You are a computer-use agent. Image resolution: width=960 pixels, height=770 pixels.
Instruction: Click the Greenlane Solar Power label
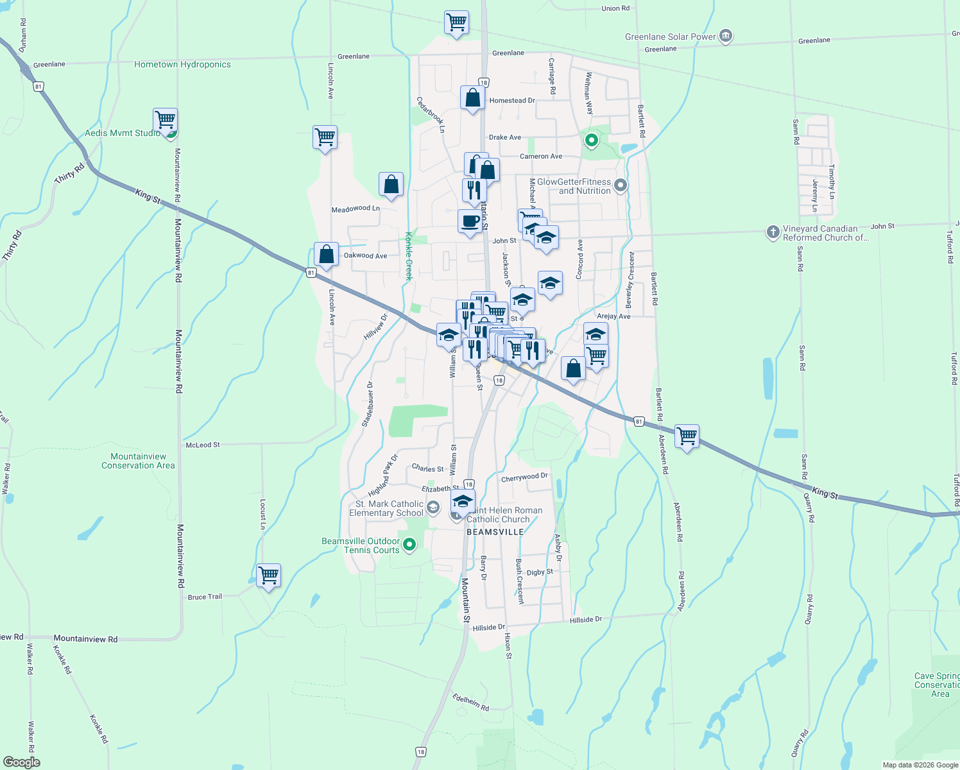click(670, 37)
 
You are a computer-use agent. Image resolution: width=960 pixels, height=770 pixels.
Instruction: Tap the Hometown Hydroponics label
click(182, 64)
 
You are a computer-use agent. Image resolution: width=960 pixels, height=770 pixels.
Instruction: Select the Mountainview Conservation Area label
click(138, 461)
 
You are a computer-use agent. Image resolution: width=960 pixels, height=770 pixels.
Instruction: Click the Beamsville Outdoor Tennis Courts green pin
click(409, 545)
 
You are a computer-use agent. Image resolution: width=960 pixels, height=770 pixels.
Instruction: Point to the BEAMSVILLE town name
click(495, 532)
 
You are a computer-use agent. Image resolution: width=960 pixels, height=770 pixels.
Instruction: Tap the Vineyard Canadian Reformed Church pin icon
click(773, 232)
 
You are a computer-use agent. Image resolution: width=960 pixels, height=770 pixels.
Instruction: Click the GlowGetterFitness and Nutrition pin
click(620, 186)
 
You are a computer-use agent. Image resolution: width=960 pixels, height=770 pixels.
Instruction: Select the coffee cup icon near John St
click(470, 221)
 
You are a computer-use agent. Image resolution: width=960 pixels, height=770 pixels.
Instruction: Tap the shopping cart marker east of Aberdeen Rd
click(687, 436)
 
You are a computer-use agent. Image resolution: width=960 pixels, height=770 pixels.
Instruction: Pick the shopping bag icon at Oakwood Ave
click(326, 254)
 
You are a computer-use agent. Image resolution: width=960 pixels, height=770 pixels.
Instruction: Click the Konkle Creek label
click(407, 256)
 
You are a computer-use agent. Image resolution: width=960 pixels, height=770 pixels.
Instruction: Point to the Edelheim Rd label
click(470, 702)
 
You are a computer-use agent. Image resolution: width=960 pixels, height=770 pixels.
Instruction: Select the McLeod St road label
click(202, 445)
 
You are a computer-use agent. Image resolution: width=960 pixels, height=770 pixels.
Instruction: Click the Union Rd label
click(615, 8)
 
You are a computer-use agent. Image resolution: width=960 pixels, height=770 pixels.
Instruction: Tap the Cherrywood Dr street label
click(524, 477)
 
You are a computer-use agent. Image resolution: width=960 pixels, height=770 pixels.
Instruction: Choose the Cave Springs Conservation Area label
click(938, 685)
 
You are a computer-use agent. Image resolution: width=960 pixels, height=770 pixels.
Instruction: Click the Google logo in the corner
click(21, 762)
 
